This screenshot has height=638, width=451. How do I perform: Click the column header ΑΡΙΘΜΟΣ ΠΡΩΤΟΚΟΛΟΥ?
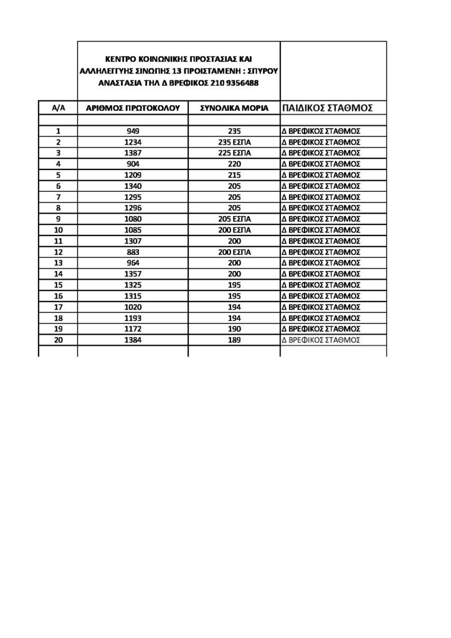point(132,108)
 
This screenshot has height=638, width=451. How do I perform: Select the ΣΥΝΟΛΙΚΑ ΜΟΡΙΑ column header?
point(234,108)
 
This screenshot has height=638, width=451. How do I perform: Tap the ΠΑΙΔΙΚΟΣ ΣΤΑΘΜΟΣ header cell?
point(328,108)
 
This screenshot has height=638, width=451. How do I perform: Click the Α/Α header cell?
point(58,108)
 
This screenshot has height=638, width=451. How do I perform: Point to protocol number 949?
point(132,131)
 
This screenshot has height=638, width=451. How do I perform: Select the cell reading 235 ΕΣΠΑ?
point(234,143)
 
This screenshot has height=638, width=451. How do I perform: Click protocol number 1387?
point(132,153)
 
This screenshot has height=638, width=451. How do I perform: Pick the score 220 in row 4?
point(234,164)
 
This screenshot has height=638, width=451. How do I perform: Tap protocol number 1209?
point(132,175)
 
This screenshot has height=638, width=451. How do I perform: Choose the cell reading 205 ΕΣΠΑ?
point(234,219)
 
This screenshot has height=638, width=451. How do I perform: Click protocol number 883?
point(132,252)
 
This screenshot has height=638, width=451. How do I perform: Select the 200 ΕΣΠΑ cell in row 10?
point(234,230)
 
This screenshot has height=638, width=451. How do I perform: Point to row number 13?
point(58,263)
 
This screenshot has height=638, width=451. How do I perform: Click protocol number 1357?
point(132,274)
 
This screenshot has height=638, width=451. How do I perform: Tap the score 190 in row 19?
point(234,328)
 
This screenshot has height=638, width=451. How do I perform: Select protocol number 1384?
point(132,340)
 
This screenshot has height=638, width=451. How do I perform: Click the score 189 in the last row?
point(234,340)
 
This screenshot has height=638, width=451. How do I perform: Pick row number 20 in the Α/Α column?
point(58,340)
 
